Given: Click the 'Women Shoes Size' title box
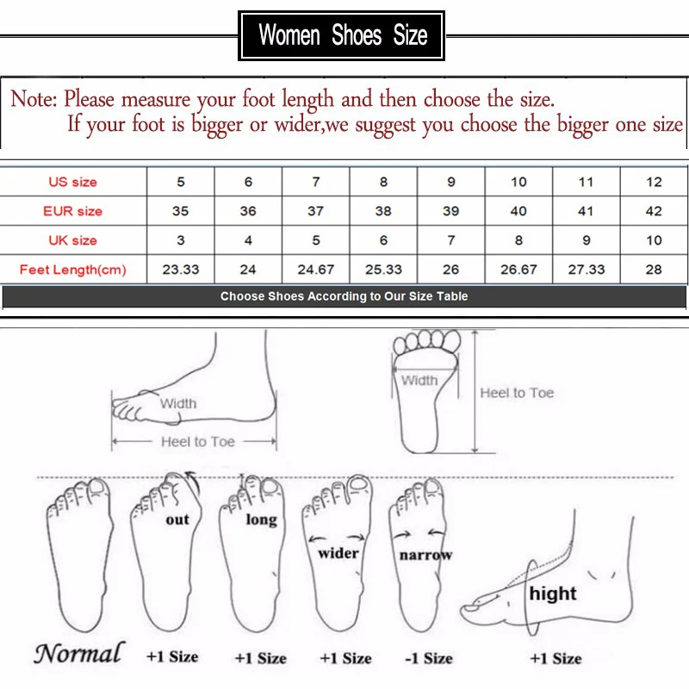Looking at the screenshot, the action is [341, 35].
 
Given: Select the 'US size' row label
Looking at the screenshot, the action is [73, 182].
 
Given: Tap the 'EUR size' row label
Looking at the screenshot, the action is [73, 211].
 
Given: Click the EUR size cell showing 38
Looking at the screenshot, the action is [383, 211].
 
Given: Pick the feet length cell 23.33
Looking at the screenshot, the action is [181, 270].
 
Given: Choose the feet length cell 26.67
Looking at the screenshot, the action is [518, 270].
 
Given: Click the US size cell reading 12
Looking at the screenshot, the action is [654, 182].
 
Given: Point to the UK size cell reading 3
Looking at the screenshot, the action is [181, 240].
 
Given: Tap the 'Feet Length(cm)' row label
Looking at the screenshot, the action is [73, 270].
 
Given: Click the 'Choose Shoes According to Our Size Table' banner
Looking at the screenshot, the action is [344, 296].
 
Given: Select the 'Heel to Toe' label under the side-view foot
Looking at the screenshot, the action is [198, 441].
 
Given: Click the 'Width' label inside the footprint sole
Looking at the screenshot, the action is [419, 380].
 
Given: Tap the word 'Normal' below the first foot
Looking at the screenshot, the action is [79, 653].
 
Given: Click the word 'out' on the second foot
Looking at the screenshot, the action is [177, 520].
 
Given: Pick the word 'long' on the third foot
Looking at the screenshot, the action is [262, 520].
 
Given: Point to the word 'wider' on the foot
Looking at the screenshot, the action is [338, 553].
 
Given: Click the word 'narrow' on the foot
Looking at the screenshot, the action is [425, 556].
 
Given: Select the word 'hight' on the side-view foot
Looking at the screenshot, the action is [553, 593].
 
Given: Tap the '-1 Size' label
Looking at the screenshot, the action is [429, 658].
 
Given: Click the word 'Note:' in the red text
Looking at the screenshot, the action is [34, 98].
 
